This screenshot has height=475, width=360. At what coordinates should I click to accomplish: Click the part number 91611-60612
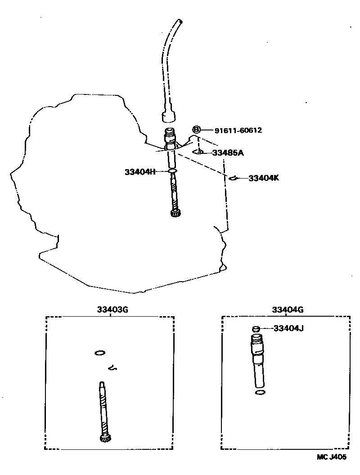tap(238, 130)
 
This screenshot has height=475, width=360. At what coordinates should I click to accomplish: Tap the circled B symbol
tap(197, 130)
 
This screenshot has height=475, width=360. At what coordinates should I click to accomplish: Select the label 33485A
tap(228, 153)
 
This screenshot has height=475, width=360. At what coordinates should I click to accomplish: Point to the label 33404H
tap(140, 171)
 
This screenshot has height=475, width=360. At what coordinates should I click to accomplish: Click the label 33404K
tap(264, 178)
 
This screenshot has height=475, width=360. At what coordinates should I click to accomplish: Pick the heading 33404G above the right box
tap(288, 309)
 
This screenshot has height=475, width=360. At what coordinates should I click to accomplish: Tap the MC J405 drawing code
tap(331, 457)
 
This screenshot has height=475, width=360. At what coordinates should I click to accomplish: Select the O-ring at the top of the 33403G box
tap(100, 353)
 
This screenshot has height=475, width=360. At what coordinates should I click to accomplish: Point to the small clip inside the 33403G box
tap(113, 368)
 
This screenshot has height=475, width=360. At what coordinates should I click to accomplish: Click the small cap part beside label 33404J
tap(256, 329)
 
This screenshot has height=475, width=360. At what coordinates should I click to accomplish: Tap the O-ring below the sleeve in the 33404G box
tap(260, 393)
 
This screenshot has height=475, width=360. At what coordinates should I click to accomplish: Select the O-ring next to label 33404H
tap(172, 171)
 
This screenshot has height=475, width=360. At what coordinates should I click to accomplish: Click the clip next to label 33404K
tap(233, 179)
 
